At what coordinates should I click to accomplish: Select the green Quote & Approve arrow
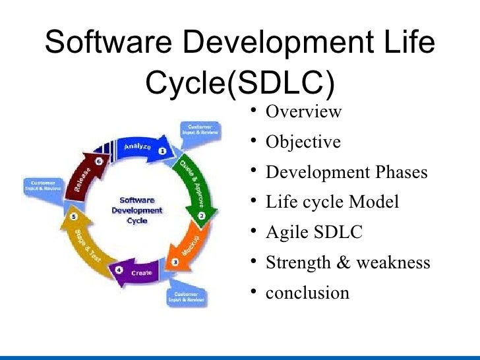[x=191, y=185]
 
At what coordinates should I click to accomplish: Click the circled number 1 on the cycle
[x=162, y=150]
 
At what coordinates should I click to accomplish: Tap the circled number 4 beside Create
[x=119, y=270]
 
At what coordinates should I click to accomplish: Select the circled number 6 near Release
[x=98, y=160]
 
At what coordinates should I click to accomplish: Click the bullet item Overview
[x=303, y=111]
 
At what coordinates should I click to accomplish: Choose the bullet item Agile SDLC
[x=313, y=232]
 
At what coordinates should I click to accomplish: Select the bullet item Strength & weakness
[x=347, y=262]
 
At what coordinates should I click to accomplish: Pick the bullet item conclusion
[x=307, y=292]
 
